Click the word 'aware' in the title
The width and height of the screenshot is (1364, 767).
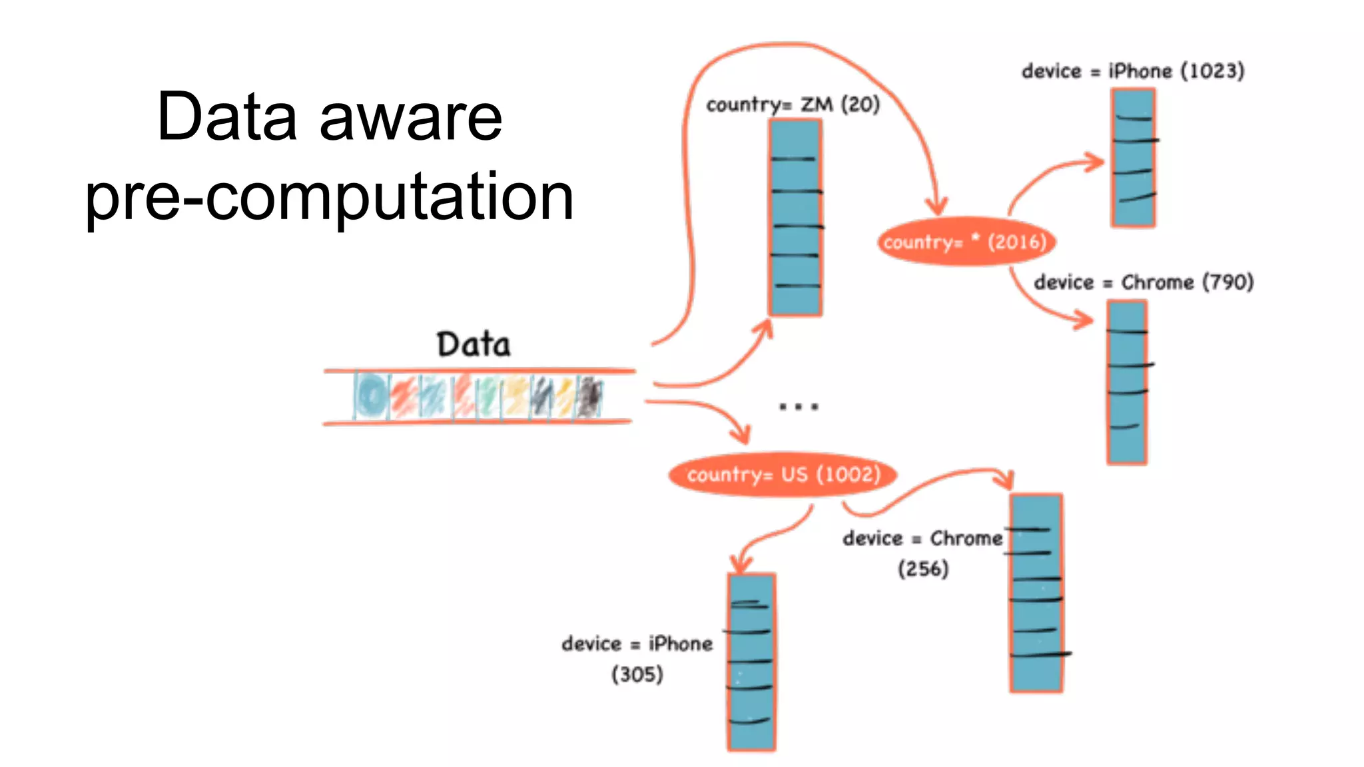(410, 117)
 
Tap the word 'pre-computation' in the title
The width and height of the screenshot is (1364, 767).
(329, 196)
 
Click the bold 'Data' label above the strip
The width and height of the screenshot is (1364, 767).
(474, 345)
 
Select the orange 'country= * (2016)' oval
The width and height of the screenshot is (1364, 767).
(966, 242)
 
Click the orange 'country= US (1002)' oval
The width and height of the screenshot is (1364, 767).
(783, 475)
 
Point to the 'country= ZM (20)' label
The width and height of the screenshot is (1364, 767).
(793, 105)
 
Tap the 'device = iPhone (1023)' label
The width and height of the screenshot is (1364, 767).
(1132, 71)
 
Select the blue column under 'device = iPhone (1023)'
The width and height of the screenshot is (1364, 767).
(1133, 158)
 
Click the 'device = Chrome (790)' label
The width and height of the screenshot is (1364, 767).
(1143, 282)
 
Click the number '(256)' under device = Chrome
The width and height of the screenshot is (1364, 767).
(923, 569)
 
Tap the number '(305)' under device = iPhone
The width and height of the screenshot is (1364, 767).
(637, 674)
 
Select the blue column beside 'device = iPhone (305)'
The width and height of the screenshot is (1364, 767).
(751, 662)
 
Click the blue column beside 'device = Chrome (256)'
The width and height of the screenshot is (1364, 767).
(1036, 593)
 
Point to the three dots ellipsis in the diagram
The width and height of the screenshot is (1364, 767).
(799, 406)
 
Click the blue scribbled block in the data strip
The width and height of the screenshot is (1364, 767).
(371, 396)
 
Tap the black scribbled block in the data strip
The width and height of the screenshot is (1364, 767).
(589, 397)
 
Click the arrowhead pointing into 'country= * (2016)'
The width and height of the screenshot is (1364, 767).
(937, 206)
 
